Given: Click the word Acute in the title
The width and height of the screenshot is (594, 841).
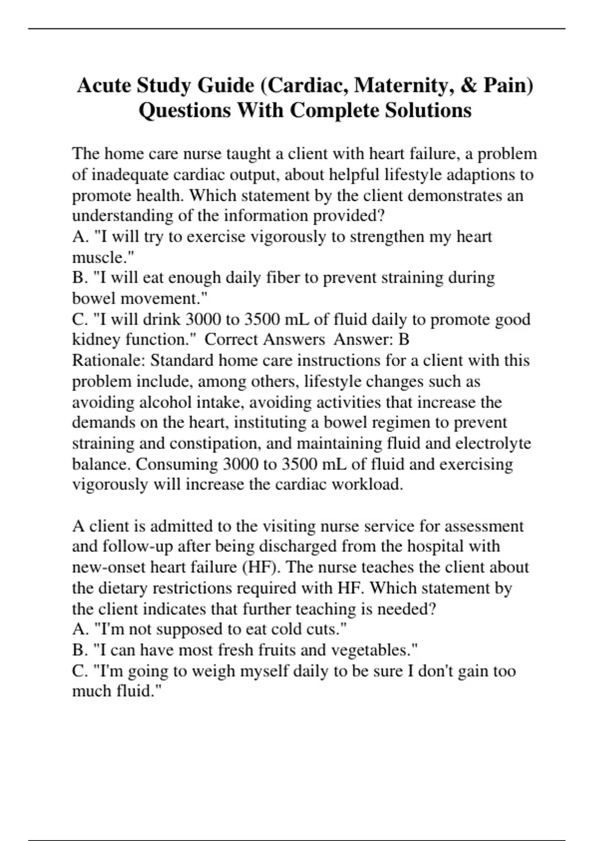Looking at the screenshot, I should click(x=104, y=85).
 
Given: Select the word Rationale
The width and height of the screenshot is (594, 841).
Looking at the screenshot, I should click(x=108, y=361).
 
